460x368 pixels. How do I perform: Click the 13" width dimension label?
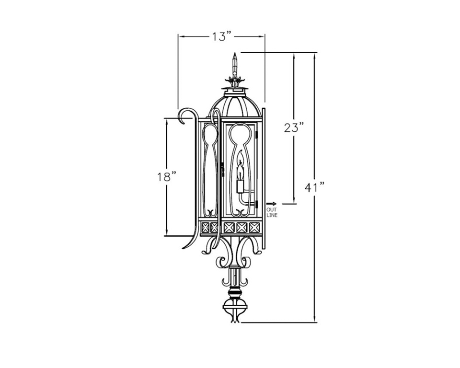(x=222, y=37)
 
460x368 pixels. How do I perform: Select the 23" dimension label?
(x=293, y=127)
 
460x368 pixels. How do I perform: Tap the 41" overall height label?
(x=315, y=187)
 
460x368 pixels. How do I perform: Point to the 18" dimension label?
(x=167, y=177)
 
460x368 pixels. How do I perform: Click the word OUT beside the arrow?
(x=272, y=210)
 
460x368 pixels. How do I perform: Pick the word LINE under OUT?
(x=272, y=216)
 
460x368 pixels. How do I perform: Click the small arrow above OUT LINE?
(x=271, y=204)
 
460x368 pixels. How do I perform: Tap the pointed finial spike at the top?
(x=234, y=64)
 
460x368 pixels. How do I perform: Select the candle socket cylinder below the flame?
(x=240, y=186)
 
